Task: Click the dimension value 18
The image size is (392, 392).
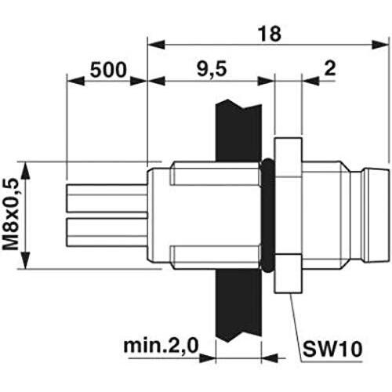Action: (x=270, y=34)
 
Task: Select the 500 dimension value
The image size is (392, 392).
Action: (x=108, y=70)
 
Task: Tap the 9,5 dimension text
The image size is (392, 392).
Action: (x=212, y=69)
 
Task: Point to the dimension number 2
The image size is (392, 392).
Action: (x=330, y=68)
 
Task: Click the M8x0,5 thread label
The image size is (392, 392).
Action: (x=11, y=214)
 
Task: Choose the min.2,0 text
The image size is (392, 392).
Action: (x=162, y=346)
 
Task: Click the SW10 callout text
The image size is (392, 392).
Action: (x=332, y=349)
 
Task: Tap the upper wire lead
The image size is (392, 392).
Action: (x=107, y=198)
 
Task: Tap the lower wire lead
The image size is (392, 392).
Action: (x=107, y=232)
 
